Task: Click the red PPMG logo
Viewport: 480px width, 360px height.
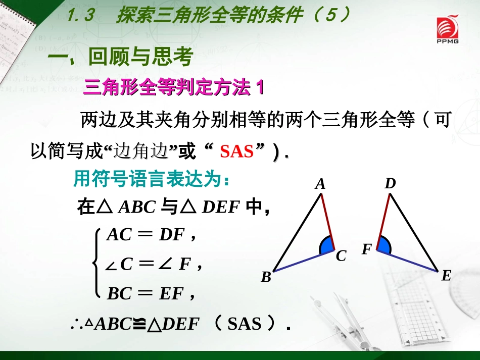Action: coord(447,30)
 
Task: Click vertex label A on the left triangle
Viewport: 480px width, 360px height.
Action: coord(320,185)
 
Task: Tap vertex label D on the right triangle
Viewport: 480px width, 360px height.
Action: coord(390,184)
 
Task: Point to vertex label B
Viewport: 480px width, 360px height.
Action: coord(266,277)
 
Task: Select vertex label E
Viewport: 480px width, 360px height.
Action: coord(446,276)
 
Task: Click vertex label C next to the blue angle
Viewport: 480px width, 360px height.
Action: coord(341,256)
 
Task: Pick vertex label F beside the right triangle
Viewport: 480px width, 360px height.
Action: coord(367,249)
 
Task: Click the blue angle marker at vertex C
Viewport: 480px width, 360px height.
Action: coord(326,246)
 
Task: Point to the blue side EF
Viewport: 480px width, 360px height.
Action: coord(407,261)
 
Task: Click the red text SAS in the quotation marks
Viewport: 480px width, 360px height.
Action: coord(236,151)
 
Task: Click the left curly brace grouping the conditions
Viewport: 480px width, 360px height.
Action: coord(96,263)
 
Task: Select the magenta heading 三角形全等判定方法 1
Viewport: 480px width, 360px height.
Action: coord(174,89)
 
